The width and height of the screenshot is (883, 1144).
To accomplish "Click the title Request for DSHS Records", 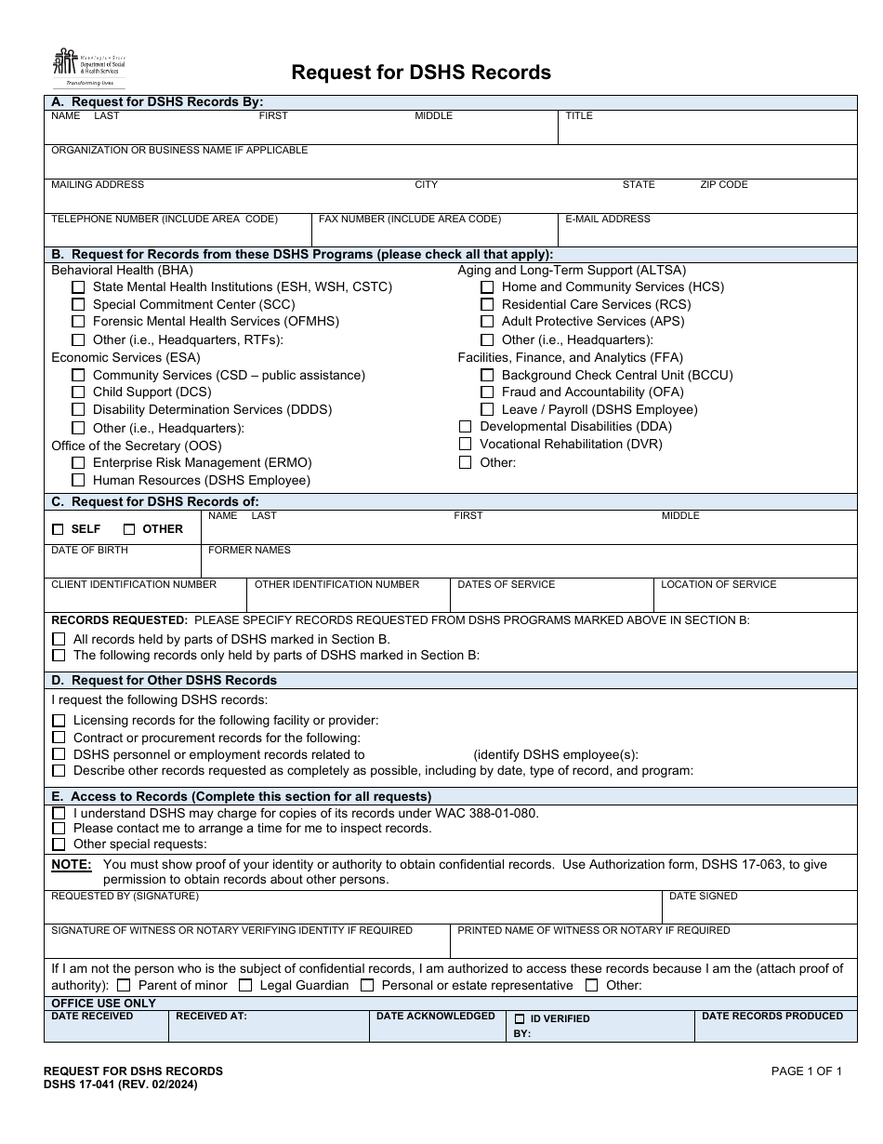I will pos(421,73).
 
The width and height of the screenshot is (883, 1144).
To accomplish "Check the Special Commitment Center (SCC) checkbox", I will pos(78,304).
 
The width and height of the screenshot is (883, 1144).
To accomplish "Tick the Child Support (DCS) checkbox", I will pos(78,392).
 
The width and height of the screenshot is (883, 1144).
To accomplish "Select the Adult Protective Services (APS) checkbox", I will pos(487,322).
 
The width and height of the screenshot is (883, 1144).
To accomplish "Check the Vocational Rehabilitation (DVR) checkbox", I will pos(466,445).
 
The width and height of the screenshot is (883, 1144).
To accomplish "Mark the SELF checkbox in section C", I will pos(59,529).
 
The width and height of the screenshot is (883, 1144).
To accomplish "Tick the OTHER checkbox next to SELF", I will pos(129,529).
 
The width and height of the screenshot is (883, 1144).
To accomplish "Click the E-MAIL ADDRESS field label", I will pos(608,219).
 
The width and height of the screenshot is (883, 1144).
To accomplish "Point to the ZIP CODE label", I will pos(724,185).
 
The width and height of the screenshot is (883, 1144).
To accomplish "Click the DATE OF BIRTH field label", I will pos(89,551).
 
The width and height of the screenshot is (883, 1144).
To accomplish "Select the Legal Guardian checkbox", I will pos(245,986).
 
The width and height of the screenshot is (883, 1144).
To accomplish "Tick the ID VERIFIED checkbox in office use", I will pos(520,1019).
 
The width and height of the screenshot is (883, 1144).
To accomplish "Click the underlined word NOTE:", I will pos(71,865).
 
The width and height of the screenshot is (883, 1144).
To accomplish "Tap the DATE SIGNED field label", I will pos(704,897).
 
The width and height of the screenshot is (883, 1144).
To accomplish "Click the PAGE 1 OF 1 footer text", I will pos(807,1071).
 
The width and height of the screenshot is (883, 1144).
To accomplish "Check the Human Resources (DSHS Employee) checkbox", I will pos(78,481).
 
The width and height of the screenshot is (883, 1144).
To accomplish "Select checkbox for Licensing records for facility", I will pos(59,721).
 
